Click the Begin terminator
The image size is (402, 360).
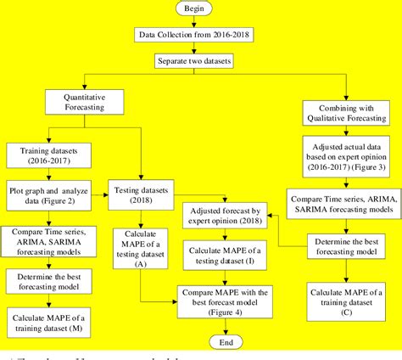tap(201, 9)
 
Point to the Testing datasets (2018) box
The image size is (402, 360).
tap(142, 194)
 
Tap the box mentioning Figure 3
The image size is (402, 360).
tap(346, 160)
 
